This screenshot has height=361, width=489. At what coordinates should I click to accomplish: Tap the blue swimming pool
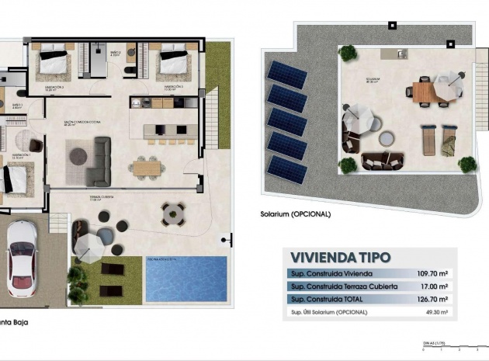click(186, 278)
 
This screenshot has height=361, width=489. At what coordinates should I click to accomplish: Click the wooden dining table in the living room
click(146, 167)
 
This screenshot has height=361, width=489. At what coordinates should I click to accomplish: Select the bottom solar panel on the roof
click(287, 169)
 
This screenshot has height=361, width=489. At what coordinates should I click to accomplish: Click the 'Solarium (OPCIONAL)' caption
click(297, 214)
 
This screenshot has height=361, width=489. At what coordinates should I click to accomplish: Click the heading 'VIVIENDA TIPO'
click(341, 257)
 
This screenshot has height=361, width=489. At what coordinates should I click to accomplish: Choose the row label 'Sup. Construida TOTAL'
click(326, 300)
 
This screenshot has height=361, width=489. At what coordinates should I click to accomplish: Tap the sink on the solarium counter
click(401, 54)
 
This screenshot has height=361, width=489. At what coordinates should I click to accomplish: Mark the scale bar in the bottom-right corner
click(450, 345)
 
